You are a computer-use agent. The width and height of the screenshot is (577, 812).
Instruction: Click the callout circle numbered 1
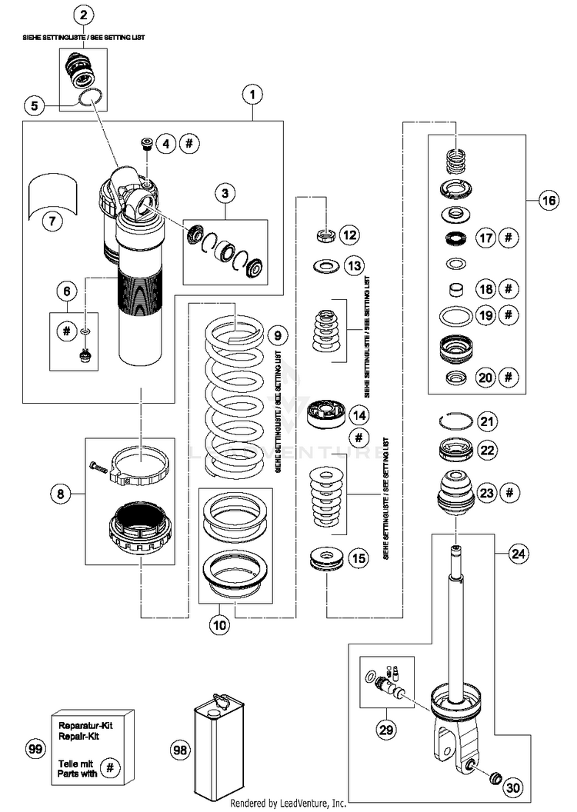(x=252, y=95)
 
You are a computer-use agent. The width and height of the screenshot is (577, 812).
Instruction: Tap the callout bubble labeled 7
(x=52, y=221)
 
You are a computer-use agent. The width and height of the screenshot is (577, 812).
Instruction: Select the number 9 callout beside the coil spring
(x=278, y=335)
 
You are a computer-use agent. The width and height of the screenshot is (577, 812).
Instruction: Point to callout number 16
(x=549, y=200)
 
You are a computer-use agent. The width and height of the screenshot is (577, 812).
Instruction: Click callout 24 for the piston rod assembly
(x=518, y=554)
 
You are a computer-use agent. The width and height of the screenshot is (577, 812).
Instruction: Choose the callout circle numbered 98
(x=180, y=750)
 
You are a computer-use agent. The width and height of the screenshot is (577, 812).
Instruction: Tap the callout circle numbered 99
(x=35, y=748)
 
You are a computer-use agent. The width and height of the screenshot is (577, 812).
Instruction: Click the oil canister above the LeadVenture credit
(x=218, y=747)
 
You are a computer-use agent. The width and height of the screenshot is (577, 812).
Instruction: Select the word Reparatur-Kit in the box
(x=85, y=726)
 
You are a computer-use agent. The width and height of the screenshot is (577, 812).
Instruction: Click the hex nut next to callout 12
(x=325, y=235)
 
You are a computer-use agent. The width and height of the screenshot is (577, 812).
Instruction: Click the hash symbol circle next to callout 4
(x=189, y=143)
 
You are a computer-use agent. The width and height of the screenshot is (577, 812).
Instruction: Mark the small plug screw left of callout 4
(x=147, y=143)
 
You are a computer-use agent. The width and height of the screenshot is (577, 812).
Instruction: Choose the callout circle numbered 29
(x=386, y=730)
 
